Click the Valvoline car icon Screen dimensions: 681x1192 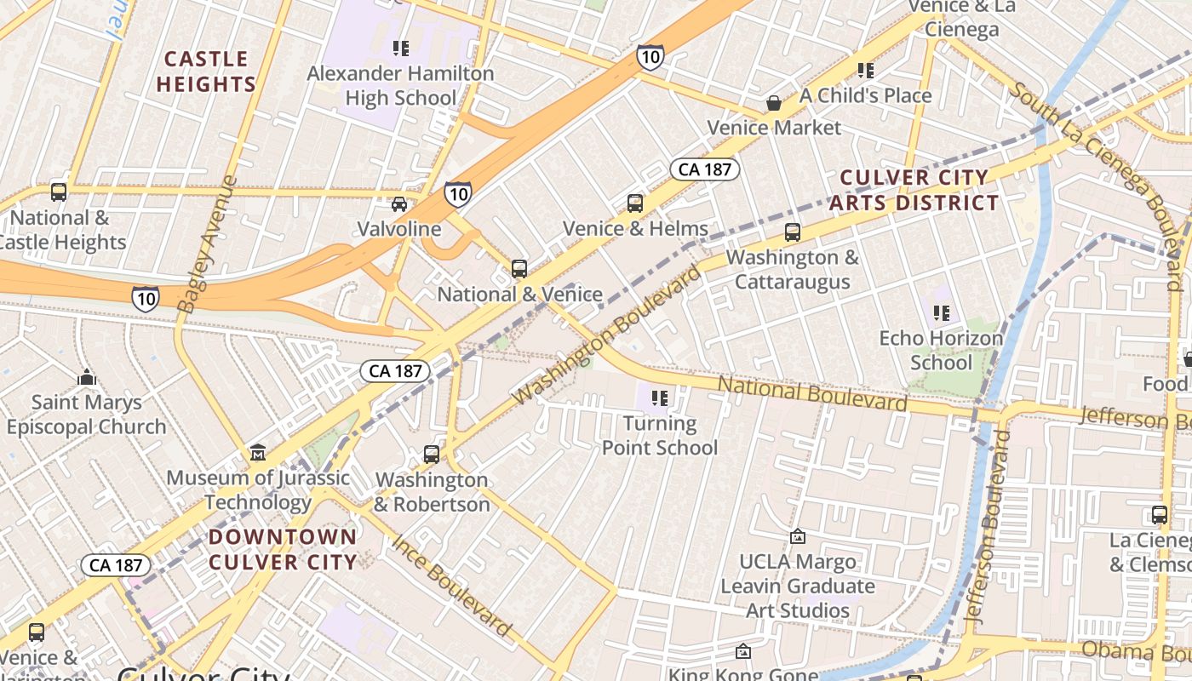point(398,203)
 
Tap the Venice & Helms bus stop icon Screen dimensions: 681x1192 point(635,203)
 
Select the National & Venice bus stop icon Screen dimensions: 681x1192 point(519,269)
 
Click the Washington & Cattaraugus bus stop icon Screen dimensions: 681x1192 point(793,232)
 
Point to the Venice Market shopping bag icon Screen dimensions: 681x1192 point(774,103)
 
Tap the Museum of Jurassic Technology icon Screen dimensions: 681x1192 point(258,453)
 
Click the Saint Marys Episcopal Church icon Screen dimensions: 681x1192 point(86,376)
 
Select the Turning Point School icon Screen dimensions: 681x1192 point(659,398)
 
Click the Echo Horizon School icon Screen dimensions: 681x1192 point(941,313)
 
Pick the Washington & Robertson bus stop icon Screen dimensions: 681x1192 point(432,455)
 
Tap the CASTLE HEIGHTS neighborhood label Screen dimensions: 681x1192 point(206,72)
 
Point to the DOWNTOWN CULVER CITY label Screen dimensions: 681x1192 point(283,549)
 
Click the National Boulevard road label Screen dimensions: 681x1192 point(812,393)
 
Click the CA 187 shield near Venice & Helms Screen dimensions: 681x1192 point(705,169)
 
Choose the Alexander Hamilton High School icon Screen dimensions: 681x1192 point(400,48)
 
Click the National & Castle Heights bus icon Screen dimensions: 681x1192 point(59,192)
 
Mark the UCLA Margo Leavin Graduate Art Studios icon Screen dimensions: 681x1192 point(798,536)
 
